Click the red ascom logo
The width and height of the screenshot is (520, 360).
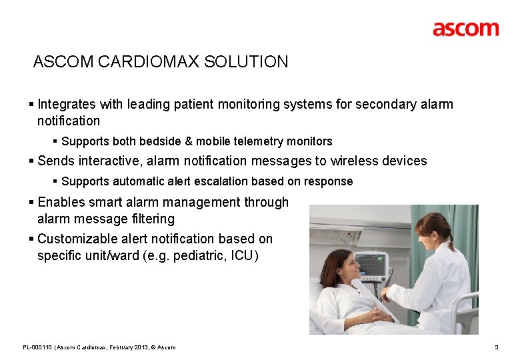point(465,29)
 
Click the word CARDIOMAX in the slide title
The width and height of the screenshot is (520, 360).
point(149,62)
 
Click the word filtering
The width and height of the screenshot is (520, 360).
point(154,219)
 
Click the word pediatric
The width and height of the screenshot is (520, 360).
point(197,255)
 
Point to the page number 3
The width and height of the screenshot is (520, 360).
point(496,347)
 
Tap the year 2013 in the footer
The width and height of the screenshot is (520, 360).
point(144,347)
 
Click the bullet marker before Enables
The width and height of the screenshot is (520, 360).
point(32,202)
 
